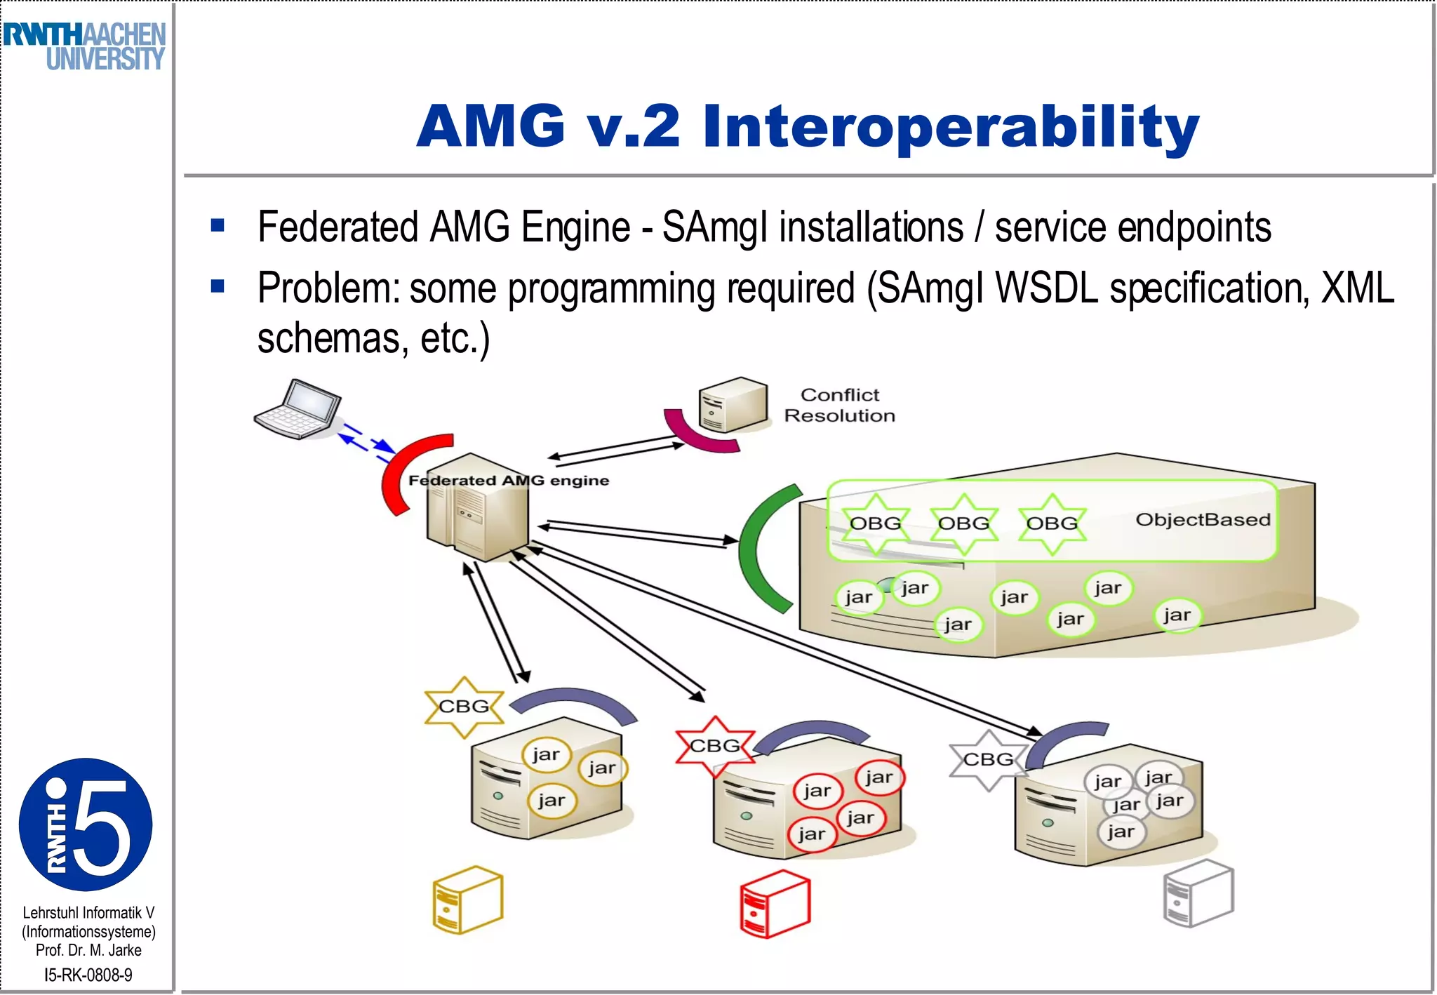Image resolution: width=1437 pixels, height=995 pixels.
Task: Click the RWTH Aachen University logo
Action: (x=84, y=46)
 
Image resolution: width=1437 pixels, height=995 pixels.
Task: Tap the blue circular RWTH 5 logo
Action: (x=85, y=824)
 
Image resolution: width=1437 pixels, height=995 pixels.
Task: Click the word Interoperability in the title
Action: (x=951, y=126)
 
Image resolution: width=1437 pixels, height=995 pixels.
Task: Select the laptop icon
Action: (x=298, y=410)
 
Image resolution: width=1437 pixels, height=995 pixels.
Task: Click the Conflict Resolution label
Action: (x=839, y=406)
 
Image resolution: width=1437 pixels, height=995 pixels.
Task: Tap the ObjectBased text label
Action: (x=1203, y=520)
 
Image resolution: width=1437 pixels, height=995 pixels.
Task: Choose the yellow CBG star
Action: (x=464, y=707)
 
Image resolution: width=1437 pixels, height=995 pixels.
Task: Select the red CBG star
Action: (x=714, y=746)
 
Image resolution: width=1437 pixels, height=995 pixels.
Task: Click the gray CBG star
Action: (x=988, y=760)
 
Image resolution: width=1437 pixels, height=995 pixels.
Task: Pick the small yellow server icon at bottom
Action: (x=467, y=900)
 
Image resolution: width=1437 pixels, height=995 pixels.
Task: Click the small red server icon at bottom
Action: (x=775, y=904)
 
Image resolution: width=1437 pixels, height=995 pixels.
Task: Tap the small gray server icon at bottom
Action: (x=1198, y=893)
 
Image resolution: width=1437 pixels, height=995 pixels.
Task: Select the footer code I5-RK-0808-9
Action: (x=88, y=975)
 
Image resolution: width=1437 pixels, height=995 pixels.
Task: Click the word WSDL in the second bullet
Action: (x=1046, y=288)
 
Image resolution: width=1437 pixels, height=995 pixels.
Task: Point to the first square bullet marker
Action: (x=218, y=226)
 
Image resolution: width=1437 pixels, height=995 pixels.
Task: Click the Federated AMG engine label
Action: (x=508, y=481)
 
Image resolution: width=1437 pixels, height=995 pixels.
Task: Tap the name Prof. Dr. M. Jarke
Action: (x=88, y=950)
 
